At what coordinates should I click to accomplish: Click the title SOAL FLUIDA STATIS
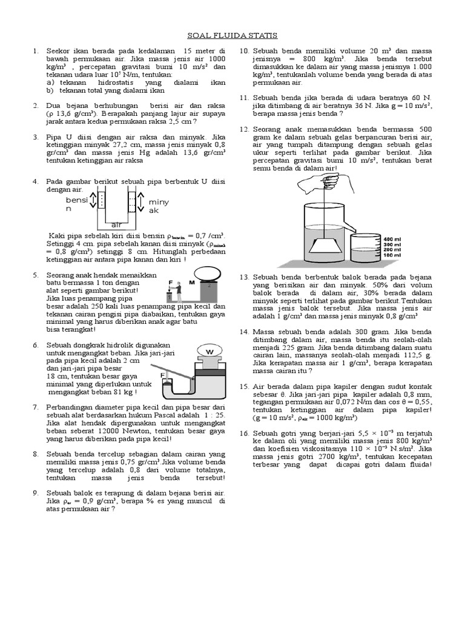click(232, 36)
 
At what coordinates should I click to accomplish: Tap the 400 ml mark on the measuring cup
click(389, 240)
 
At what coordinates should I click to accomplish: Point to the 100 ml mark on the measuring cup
click(389, 255)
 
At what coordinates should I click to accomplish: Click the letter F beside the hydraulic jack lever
click(162, 376)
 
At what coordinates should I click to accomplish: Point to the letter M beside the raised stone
click(191, 283)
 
